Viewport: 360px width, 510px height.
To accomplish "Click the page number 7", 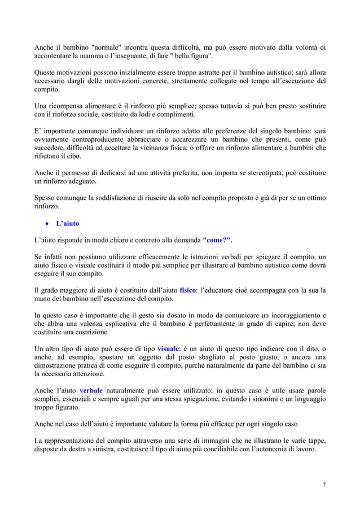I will pyautogui.click(x=324, y=485).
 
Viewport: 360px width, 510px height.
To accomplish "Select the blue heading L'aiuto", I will pyautogui.click(x=67, y=224).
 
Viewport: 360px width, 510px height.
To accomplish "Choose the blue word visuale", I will pyautogui.click(x=168, y=348).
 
